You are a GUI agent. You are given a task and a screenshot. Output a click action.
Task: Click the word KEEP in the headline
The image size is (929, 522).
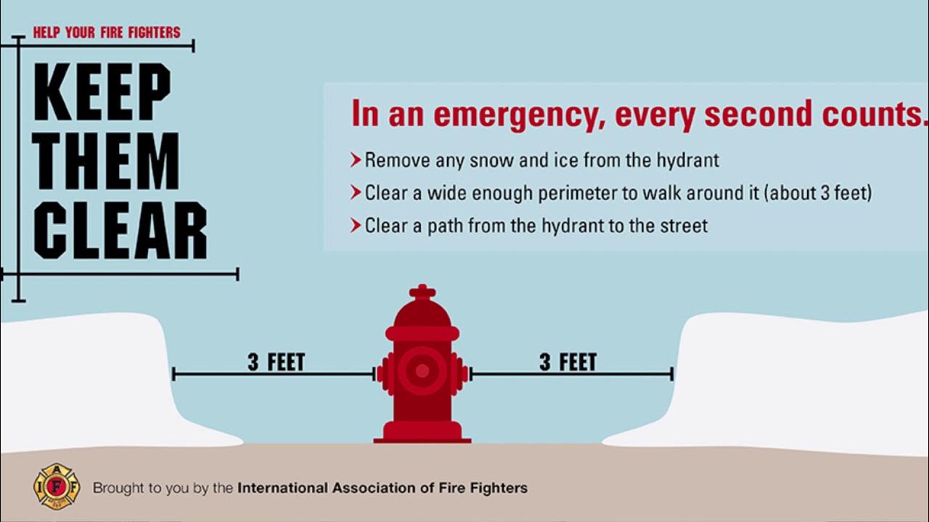102,92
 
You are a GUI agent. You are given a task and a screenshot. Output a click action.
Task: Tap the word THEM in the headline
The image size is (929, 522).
106,161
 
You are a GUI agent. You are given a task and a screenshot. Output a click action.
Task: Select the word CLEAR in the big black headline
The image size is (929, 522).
120,231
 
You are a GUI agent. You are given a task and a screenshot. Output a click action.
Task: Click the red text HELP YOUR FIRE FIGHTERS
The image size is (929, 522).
107,33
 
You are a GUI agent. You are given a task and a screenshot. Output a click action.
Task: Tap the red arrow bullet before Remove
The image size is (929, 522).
356,160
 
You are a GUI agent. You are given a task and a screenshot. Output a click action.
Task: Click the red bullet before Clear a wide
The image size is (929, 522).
356,193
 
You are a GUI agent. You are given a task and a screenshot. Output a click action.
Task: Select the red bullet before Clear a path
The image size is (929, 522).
356,225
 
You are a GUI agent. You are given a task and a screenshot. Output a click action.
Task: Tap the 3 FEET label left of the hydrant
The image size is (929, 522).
277,362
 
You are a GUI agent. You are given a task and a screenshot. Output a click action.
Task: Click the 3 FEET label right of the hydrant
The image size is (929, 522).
568,362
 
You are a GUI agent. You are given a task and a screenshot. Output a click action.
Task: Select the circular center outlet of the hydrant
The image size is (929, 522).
422,370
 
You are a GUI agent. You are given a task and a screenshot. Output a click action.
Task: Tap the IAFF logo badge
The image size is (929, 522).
57,486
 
